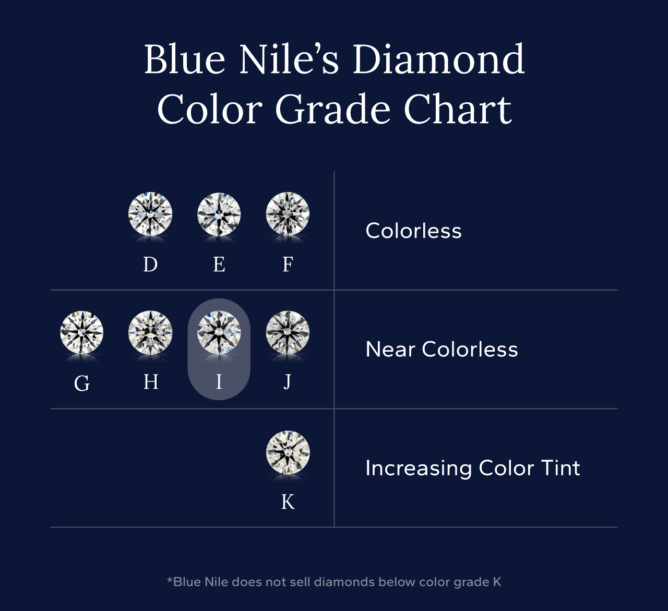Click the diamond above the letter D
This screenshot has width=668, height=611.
[x=150, y=214]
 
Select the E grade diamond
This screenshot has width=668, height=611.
[x=219, y=214]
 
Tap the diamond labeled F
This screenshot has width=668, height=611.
[x=288, y=214]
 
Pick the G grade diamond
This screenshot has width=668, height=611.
[x=82, y=332]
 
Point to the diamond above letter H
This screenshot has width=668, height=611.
[x=150, y=332]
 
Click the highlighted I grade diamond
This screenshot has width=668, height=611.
[x=219, y=332]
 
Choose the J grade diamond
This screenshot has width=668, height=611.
[x=288, y=332]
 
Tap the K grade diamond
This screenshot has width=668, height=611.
[x=288, y=452]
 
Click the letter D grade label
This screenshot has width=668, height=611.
[x=150, y=265]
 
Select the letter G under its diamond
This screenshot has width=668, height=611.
[x=82, y=384]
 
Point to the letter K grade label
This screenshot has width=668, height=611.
[x=288, y=502]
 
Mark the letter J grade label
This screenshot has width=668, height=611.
[x=288, y=382]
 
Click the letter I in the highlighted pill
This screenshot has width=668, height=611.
[x=219, y=382]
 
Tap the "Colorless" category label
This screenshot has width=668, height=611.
[x=413, y=231]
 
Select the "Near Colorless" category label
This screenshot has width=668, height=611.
[x=442, y=349]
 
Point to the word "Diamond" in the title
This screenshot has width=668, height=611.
[x=438, y=59]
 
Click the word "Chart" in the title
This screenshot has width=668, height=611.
[x=458, y=110]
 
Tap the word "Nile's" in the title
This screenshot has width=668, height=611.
[x=289, y=59]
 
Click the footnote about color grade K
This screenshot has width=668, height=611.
[x=334, y=582]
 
